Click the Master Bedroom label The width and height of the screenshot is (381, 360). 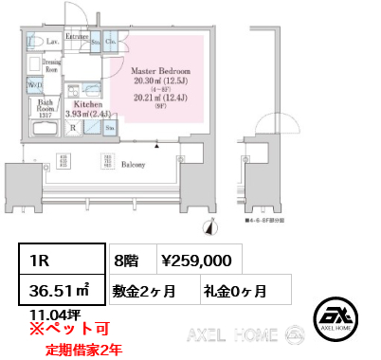(160, 71)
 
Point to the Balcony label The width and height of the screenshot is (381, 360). (133, 165)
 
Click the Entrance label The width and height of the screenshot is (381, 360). (77, 37)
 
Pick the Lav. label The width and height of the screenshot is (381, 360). (54, 43)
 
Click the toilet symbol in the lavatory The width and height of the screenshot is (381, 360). (34, 41)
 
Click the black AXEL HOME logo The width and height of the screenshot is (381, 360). (334, 317)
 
